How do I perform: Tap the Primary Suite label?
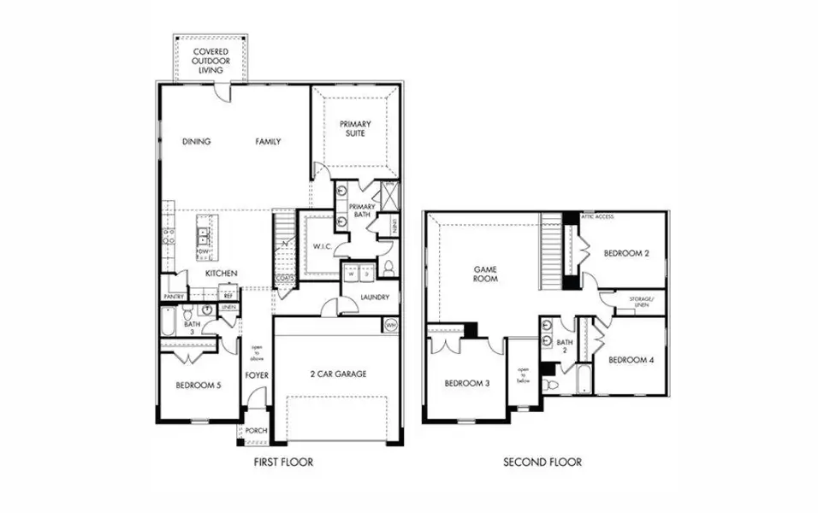click(x=354, y=129)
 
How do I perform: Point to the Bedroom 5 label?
click(x=199, y=386)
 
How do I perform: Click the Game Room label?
click(x=486, y=274)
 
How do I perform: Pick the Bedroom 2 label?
click(x=626, y=253)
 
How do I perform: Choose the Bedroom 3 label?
click(x=466, y=383)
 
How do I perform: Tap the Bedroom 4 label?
click(x=631, y=360)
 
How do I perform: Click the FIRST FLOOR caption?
click(x=283, y=463)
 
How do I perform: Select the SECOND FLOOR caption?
click(x=542, y=463)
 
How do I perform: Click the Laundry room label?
click(x=375, y=298)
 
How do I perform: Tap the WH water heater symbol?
click(x=391, y=325)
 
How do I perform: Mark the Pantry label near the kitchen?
click(x=173, y=297)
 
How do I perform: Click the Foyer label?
click(x=256, y=374)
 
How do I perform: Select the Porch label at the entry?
click(x=256, y=431)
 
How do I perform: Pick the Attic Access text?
click(x=598, y=216)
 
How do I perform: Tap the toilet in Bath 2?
click(x=552, y=386)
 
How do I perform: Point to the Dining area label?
click(x=196, y=142)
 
